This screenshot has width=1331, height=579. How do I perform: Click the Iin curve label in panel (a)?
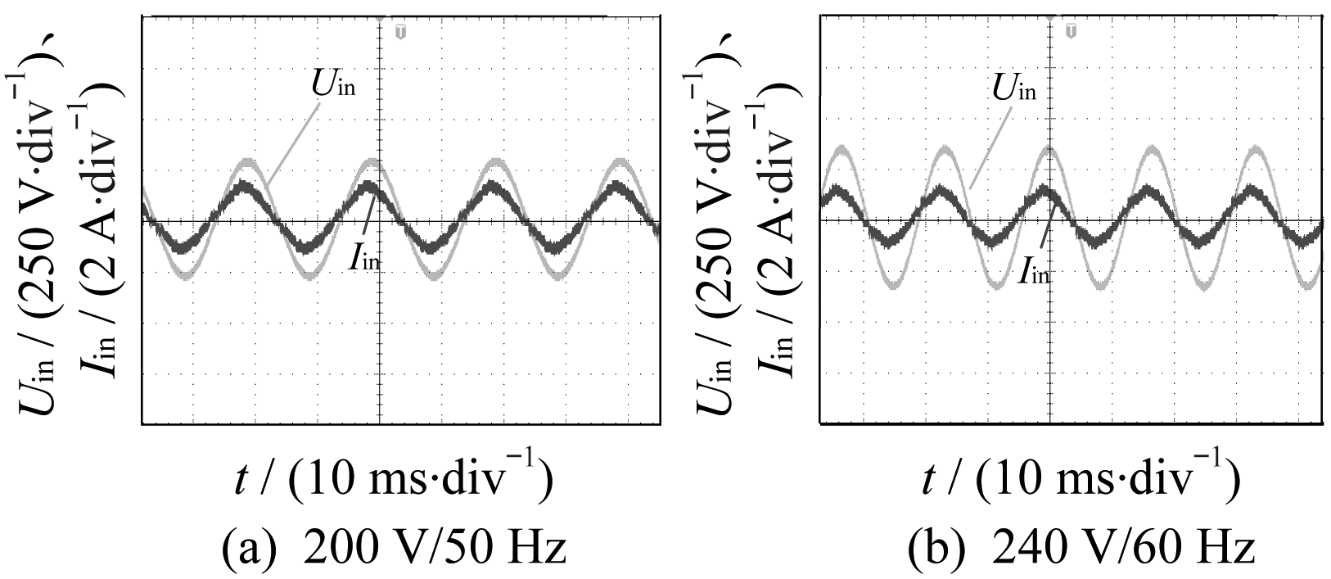coord(366,260)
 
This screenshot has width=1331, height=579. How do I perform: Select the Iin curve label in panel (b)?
coord(1034,272)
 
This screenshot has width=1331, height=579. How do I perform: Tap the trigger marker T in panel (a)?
coord(400,32)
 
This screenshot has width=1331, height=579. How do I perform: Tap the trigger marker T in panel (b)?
coord(1071,32)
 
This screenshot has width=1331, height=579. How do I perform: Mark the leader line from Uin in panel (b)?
coord(984,143)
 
